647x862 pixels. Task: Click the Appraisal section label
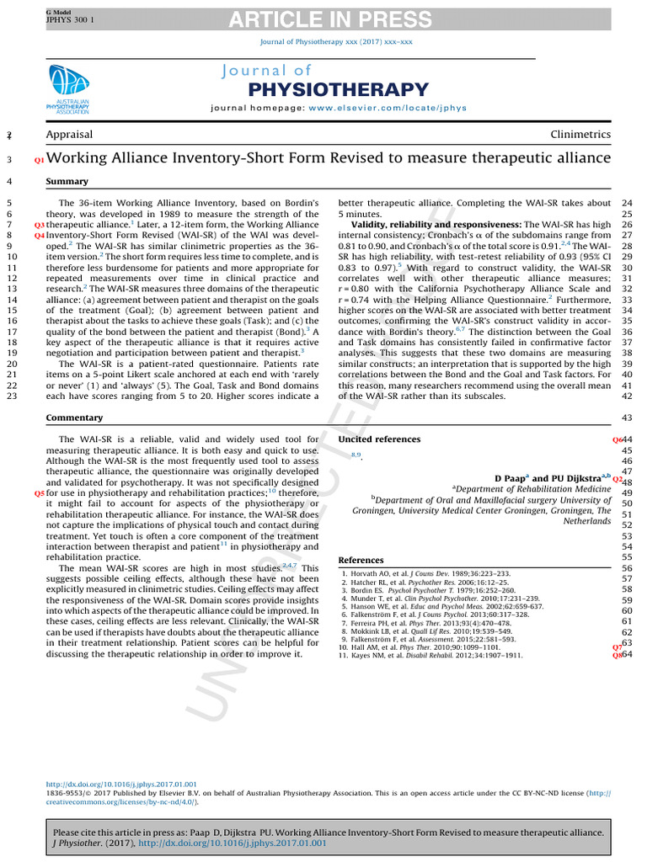point(69,135)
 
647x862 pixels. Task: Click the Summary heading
point(67,181)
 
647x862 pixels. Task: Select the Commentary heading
point(74,418)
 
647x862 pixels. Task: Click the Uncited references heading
point(379,439)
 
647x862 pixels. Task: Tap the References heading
point(361,560)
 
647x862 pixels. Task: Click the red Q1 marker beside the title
point(39,159)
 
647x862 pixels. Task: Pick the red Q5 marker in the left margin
point(39,494)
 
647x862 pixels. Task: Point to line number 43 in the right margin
point(626,418)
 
